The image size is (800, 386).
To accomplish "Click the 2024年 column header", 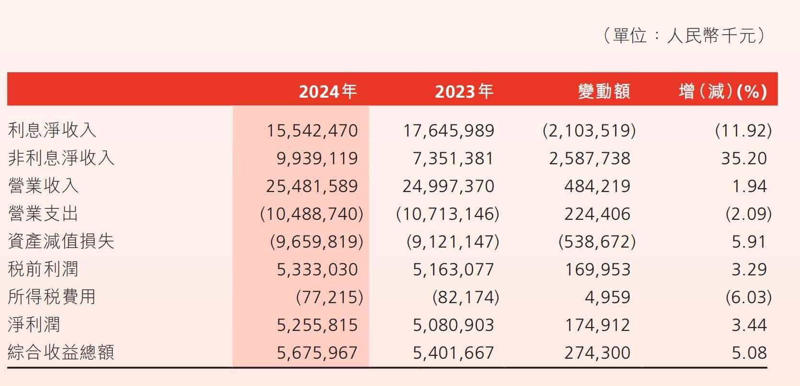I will pos(328,91).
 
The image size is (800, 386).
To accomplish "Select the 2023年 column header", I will pos(464,91).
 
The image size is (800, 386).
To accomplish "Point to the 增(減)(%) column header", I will pos(722,91).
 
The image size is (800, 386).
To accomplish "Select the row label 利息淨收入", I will pos(52,130).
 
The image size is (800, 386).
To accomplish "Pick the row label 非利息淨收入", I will pos(61,158).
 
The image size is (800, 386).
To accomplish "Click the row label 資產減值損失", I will pos(61,241).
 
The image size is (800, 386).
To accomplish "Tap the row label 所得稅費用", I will pos(52,297).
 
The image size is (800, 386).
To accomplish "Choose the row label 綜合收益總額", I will pos(61,353).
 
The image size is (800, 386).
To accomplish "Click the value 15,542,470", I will pos(312,131).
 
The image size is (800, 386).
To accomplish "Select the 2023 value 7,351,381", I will pos(453,159).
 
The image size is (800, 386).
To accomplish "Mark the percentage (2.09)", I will pos(748,214).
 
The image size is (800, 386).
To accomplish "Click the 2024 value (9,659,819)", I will pos(317,242).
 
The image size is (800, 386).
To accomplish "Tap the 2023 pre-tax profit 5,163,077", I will pos(453,270).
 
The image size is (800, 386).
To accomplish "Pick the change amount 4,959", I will pos(607,297).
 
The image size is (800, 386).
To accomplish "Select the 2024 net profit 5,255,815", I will pos(317,325).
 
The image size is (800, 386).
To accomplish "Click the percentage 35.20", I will pos(743,159).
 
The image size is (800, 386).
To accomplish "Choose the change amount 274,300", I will pos(597,353).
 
